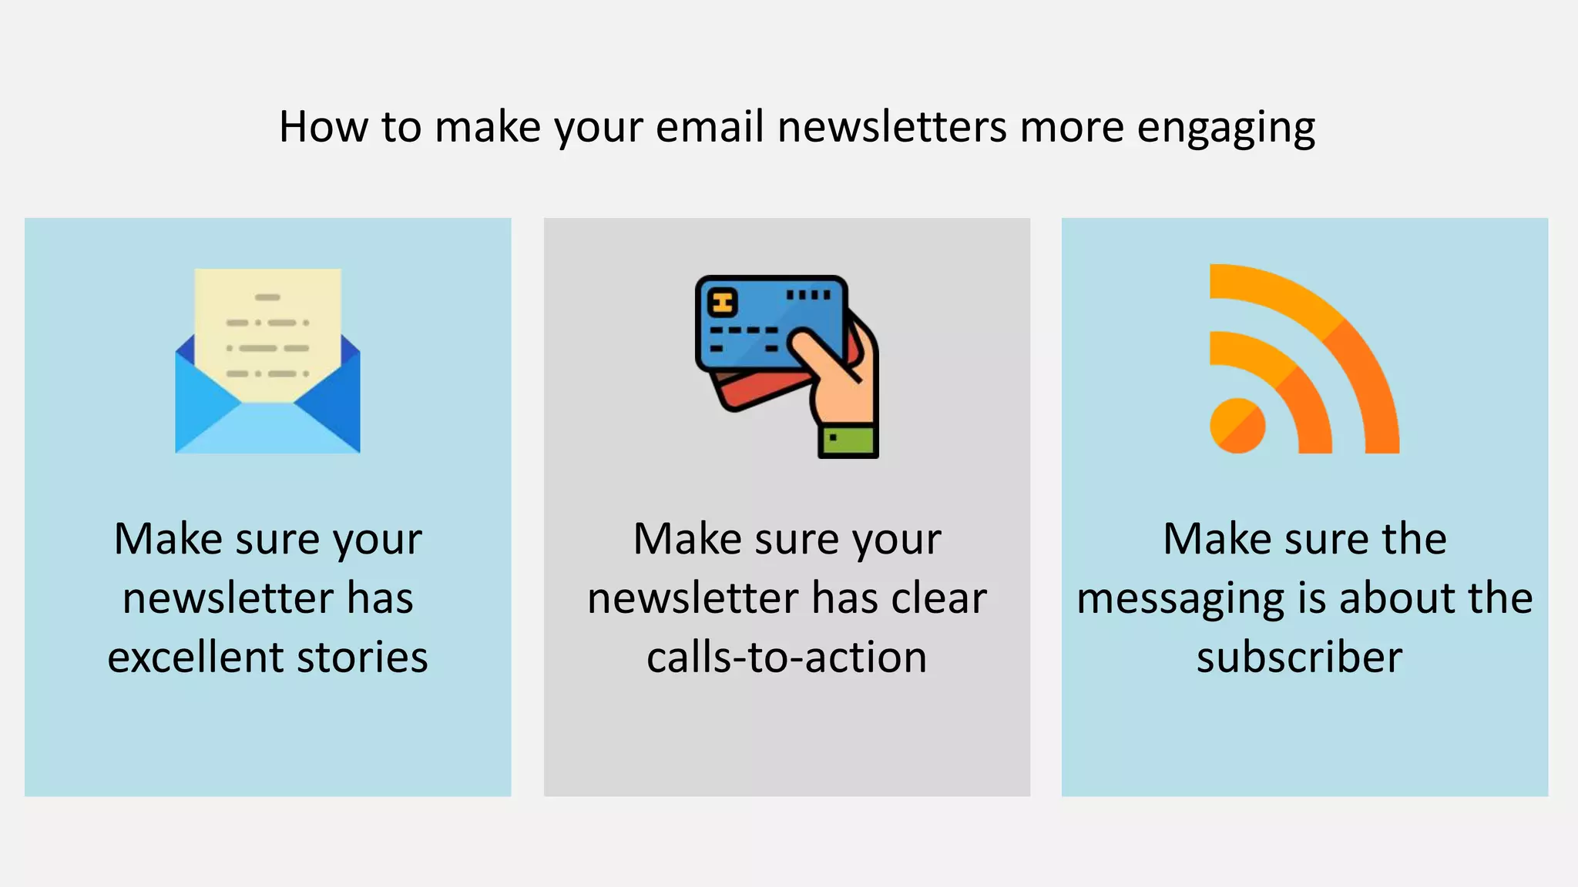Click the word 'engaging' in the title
(x=1226, y=128)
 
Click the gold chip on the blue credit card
(x=723, y=303)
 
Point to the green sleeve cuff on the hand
(x=848, y=440)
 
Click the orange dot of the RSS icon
(x=1237, y=425)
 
